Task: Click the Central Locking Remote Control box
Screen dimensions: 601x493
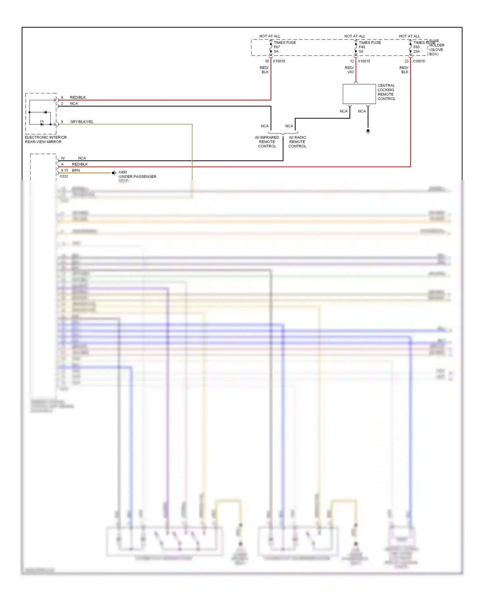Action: click(359, 94)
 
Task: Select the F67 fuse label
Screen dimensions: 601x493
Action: click(277, 47)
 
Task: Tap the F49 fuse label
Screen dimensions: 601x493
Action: click(362, 47)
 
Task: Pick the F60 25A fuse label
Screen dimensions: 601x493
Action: click(416, 49)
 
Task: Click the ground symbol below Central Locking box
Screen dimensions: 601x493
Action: click(368, 131)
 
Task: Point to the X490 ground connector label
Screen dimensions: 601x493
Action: click(123, 172)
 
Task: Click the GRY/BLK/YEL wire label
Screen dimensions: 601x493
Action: click(82, 122)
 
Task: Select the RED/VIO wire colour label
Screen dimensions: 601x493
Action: click(349, 70)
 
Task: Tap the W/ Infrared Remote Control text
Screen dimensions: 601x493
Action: click(267, 142)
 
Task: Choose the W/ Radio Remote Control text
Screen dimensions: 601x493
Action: click(297, 142)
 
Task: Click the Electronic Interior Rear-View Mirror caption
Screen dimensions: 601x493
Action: click(46, 139)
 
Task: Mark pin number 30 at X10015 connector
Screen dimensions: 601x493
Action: click(267, 61)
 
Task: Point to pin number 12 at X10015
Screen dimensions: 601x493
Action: click(352, 61)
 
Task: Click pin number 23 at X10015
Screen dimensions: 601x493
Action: click(407, 61)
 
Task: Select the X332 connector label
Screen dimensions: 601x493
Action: click(64, 176)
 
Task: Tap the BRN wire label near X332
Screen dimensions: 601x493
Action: click(76, 170)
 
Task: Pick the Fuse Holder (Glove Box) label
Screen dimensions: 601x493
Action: click(436, 48)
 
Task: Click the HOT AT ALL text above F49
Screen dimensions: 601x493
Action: click(355, 36)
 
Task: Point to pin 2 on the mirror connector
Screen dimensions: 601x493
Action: click(62, 104)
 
